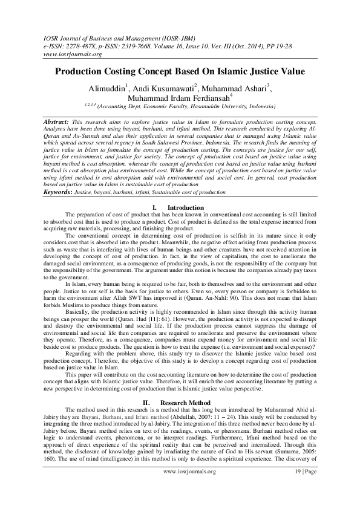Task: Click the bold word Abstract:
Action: tap(56, 122)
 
